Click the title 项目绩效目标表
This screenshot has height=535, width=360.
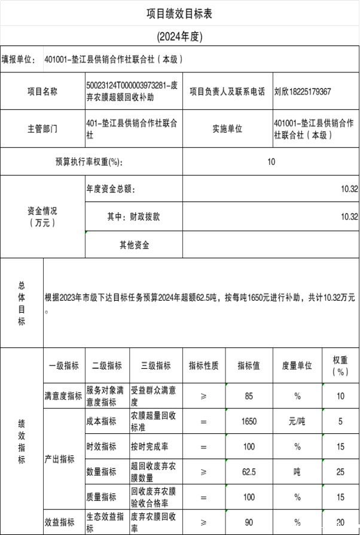pyautogui.click(x=179, y=14)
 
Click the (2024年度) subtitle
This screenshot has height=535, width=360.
pyautogui.click(x=179, y=36)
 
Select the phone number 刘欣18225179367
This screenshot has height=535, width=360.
pyautogui.click(x=302, y=91)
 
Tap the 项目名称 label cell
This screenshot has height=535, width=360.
pyautogui.click(x=42, y=91)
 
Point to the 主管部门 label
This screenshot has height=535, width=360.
pyautogui.click(x=42, y=129)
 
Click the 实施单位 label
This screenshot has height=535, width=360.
pyautogui.click(x=227, y=129)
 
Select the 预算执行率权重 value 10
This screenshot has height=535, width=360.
pyautogui.click(x=271, y=162)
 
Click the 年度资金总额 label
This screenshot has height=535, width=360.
pyautogui.click(x=111, y=189)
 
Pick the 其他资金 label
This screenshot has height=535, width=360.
pyautogui.click(x=134, y=244)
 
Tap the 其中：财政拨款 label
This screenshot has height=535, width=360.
pyautogui.click(x=134, y=217)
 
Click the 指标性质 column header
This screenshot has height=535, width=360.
pyautogui.click(x=203, y=365)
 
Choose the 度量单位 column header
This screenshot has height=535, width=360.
pyautogui.click(x=297, y=365)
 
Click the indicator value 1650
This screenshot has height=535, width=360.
pyautogui.click(x=249, y=421)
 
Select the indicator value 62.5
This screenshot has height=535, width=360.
pyautogui.click(x=249, y=472)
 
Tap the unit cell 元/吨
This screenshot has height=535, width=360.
pyautogui.click(x=297, y=421)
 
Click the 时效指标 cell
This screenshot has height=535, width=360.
pyautogui.click(x=102, y=447)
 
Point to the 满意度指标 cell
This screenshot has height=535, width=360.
pyautogui.click(x=63, y=396)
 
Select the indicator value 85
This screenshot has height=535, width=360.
pyautogui.click(x=249, y=396)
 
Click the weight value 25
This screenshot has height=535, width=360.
pyautogui.click(x=340, y=472)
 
